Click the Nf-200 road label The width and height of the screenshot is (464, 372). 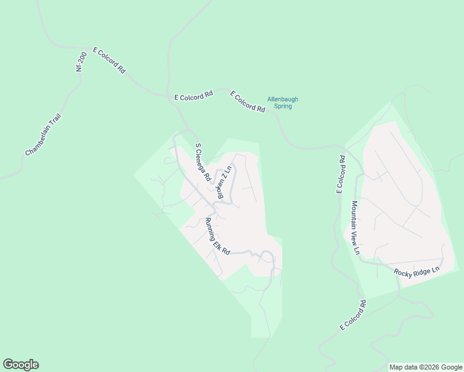(79, 62)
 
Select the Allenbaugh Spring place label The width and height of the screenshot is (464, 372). (279, 102)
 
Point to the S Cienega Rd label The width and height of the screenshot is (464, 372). (203, 162)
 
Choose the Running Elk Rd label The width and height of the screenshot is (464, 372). (217, 236)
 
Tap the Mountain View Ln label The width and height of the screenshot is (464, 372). (355, 228)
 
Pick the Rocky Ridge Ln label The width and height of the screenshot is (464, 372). (416, 271)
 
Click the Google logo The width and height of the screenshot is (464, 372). (20, 365)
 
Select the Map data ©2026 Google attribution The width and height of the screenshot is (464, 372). (426, 367)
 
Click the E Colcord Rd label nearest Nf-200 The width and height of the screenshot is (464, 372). (109, 61)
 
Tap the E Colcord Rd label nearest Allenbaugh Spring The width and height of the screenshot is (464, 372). (248, 102)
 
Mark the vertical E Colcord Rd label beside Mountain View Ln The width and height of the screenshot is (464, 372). (340, 175)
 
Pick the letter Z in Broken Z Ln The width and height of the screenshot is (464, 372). (223, 179)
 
